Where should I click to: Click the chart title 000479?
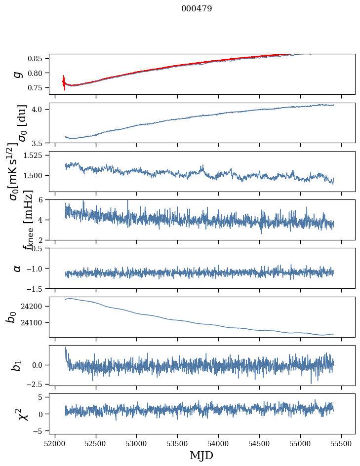[x=197, y=9]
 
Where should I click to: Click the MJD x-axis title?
[x=201, y=455]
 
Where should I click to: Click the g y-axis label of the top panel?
[x=18, y=74]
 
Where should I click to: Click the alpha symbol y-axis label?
[x=18, y=268]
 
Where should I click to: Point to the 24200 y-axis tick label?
[x=35, y=307]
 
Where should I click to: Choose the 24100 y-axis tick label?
[x=35, y=323]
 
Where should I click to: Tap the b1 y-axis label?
[x=18, y=365]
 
